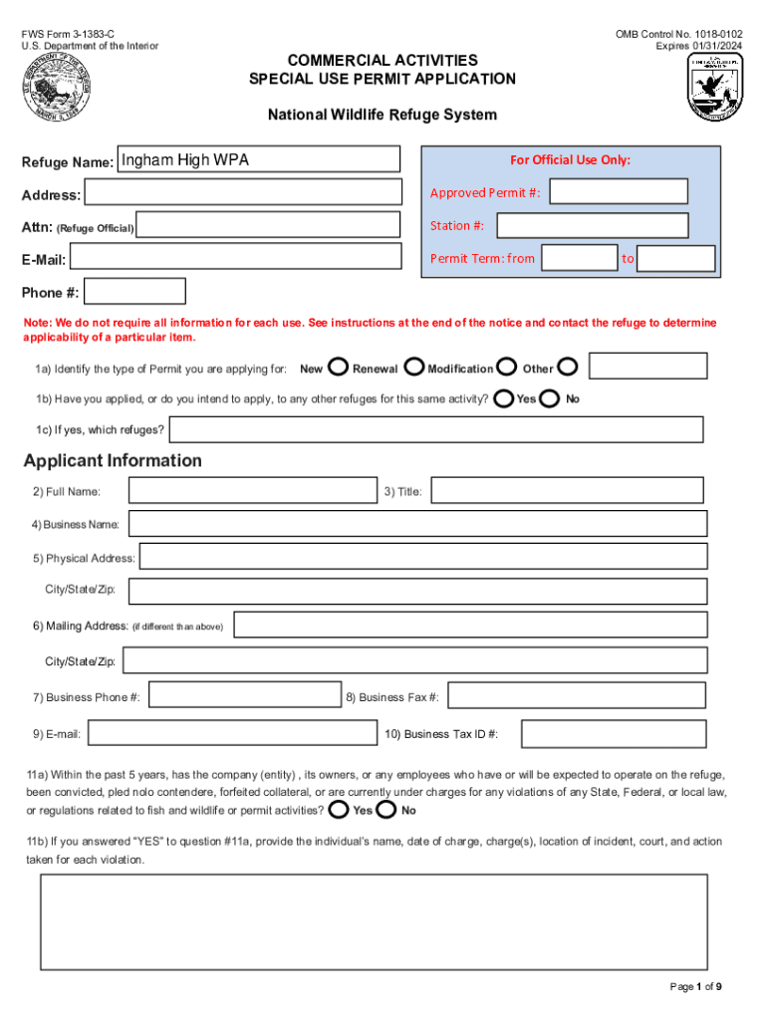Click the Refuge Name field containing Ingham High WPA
(258, 159)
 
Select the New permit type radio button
(338, 368)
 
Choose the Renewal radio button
(414, 368)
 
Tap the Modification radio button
(507, 368)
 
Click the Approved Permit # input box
(619, 192)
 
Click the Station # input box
(619, 225)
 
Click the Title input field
(567, 491)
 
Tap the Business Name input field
(417, 524)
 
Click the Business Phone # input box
(244, 696)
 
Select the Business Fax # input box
(577, 696)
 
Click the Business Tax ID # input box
(614, 734)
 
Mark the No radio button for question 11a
(386, 809)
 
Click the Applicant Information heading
(113, 460)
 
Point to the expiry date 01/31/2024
(714, 46)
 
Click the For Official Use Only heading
(570, 160)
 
